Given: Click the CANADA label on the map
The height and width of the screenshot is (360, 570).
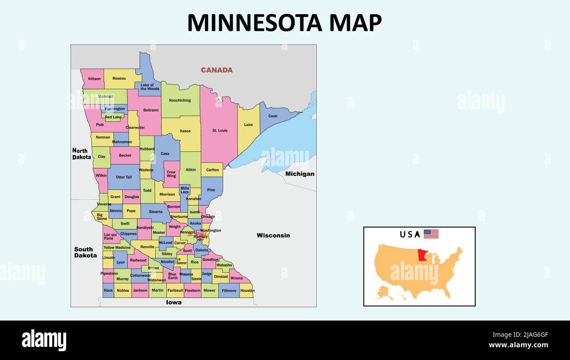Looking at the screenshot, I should click(217, 70).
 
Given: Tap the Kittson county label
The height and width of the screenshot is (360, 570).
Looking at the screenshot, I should click(94, 79).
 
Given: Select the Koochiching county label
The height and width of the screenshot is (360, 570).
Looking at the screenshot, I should click(180, 100).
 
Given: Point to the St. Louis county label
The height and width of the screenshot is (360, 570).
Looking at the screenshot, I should click(220, 131).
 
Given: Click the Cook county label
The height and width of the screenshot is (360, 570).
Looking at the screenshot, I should click(273, 116).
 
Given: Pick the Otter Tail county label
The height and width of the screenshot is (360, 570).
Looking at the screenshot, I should click(123, 177).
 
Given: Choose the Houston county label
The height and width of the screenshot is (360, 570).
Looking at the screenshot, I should click(247, 291).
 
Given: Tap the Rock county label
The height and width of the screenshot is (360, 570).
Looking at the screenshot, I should click(108, 291).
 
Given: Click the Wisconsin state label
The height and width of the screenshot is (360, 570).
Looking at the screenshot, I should click(273, 235).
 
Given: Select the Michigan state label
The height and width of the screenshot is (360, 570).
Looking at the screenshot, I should click(299, 174).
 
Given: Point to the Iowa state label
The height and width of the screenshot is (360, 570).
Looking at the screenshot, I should click(174, 303).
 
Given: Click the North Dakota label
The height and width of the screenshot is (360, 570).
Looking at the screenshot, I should click(82, 154).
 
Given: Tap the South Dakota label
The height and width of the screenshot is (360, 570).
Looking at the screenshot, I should click(85, 253).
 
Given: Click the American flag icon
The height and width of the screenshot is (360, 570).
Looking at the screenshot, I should click(431, 234).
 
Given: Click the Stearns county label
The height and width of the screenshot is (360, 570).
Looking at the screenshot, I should click(156, 212).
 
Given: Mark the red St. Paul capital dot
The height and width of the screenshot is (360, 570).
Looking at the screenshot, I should click(199, 239).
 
